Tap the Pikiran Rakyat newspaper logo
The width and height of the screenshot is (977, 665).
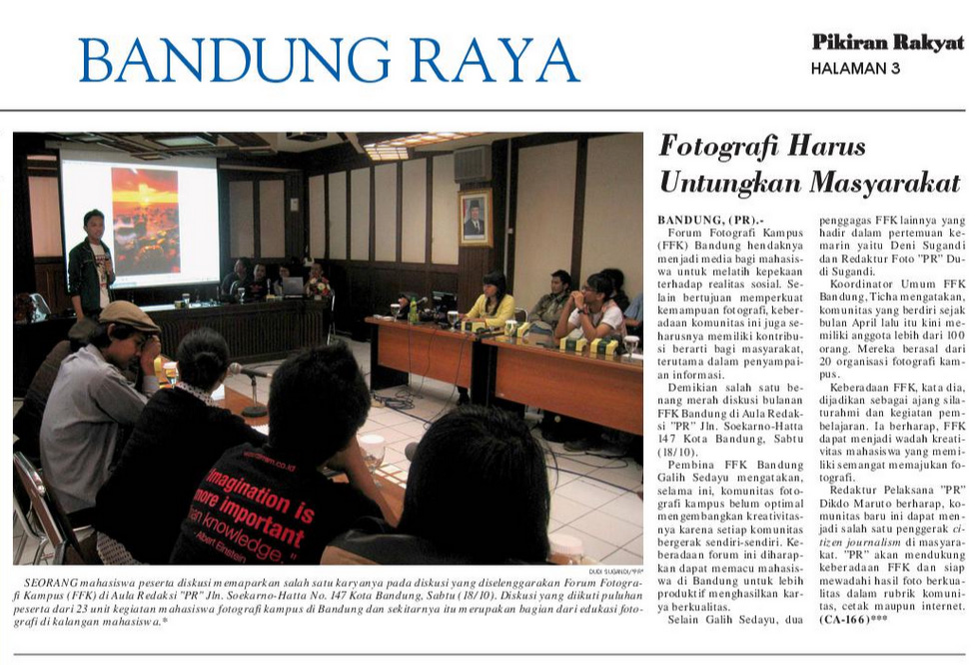(x=887, y=42)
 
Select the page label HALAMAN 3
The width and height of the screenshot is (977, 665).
(x=855, y=69)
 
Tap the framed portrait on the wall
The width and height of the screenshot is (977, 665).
(x=476, y=218)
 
